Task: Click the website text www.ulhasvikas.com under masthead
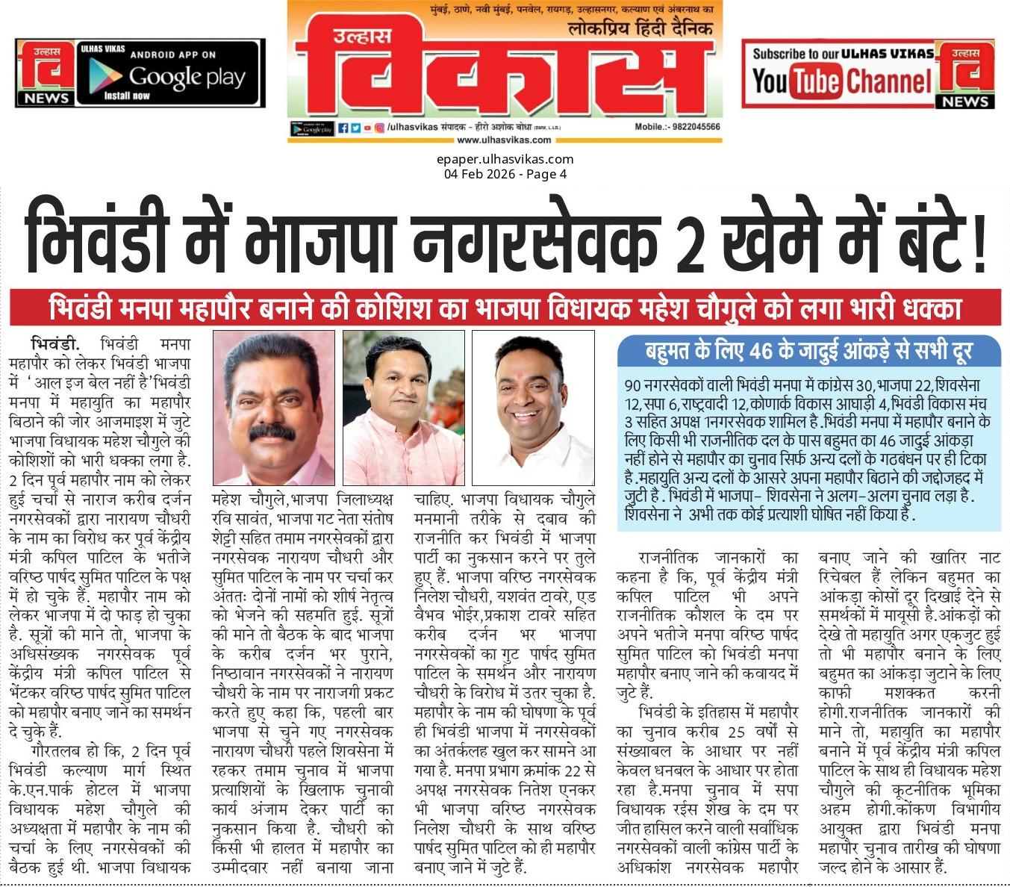504,140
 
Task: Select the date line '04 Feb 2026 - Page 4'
505,174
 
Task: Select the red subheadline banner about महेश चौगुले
505,308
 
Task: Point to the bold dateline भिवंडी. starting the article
54,345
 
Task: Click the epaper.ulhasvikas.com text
505,159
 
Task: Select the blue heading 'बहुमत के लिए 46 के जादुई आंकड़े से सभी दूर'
808,350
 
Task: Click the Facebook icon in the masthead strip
343,128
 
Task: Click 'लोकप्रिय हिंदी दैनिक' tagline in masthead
640,29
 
